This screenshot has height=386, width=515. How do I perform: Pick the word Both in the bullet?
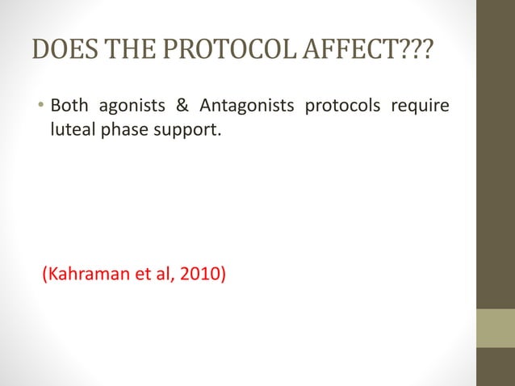coord(69,107)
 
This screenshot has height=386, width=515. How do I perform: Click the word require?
coord(420,107)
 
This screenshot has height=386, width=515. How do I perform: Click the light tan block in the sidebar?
coord(495,328)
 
